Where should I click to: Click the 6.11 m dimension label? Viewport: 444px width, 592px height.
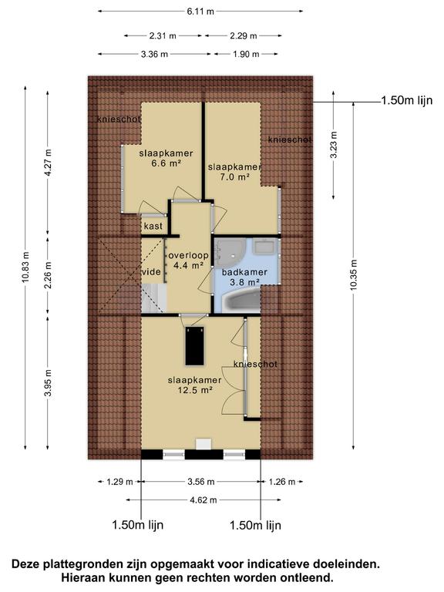coord(200,12)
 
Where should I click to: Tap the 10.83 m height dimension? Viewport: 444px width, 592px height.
coord(25,267)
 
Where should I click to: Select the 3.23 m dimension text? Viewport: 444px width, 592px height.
coord(333,146)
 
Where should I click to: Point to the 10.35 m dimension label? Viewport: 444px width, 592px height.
coord(353,275)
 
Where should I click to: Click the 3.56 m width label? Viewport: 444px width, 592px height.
coord(201,482)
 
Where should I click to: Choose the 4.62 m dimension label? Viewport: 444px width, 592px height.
coord(203,500)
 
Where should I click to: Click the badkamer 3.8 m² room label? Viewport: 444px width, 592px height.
coord(244,277)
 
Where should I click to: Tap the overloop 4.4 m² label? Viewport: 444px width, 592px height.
coord(188,261)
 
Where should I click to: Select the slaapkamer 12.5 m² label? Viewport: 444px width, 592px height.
coord(194,385)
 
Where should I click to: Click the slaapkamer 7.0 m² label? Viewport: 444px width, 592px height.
coord(234,171)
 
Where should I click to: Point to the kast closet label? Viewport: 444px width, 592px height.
coord(153,226)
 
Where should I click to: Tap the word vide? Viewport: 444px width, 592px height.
coord(151,272)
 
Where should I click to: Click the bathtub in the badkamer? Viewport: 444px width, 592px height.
coord(240,301)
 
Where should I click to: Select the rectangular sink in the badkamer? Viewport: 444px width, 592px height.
coord(266,247)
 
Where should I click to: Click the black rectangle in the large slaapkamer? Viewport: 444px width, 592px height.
coord(195,346)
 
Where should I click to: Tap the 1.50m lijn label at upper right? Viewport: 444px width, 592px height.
coord(407,100)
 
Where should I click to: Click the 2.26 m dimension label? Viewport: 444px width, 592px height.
coord(48,274)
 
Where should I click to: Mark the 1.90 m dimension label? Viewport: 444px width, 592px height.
coord(246,55)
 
